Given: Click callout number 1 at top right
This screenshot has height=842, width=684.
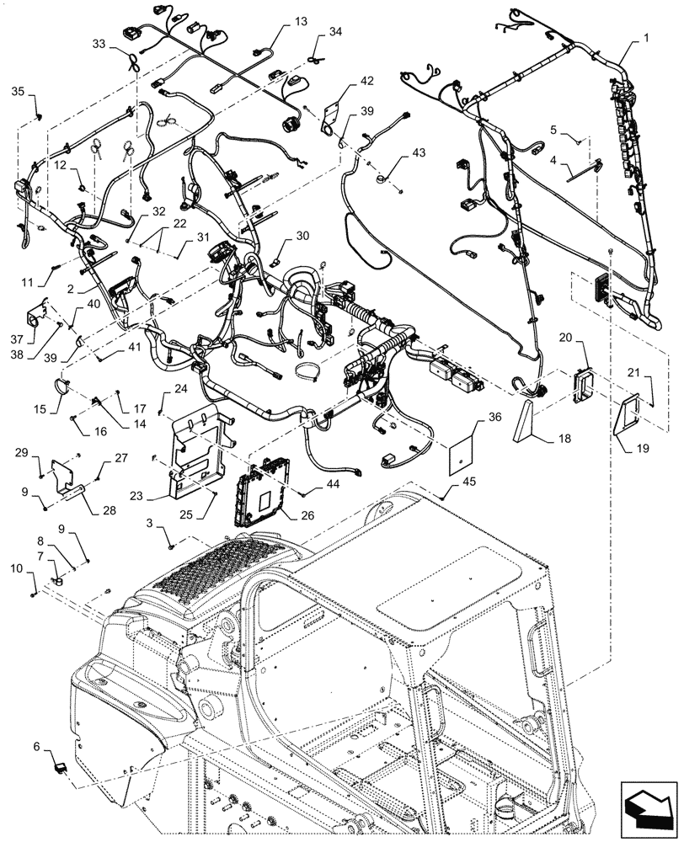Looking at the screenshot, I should (646, 38).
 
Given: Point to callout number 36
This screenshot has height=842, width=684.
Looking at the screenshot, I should (494, 415).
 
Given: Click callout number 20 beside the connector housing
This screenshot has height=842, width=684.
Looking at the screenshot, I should (565, 337).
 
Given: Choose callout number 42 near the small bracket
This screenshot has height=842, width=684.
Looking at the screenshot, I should (366, 82).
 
